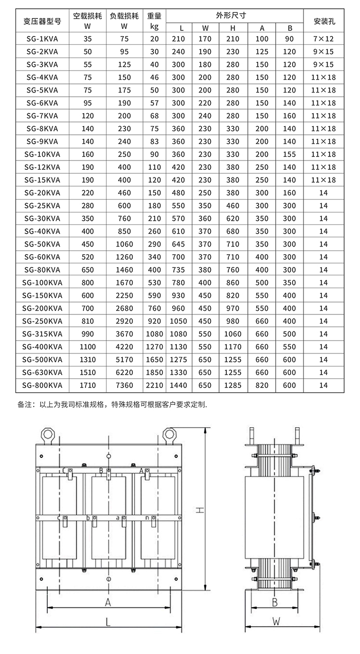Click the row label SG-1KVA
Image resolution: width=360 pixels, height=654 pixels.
[x=42, y=39]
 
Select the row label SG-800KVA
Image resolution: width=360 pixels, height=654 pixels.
[x=42, y=385]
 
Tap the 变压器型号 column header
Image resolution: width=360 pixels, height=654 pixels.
[x=42, y=21]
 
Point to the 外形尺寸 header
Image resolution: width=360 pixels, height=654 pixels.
[x=235, y=15]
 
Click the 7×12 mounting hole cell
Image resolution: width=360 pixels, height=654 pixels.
[x=323, y=39]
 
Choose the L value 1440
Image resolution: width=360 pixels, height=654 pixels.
[x=178, y=385]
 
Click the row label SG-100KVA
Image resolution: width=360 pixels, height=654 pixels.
[x=42, y=282]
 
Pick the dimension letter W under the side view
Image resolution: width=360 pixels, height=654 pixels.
[x=276, y=622]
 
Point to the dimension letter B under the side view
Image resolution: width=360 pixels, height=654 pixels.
[x=275, y=602]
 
